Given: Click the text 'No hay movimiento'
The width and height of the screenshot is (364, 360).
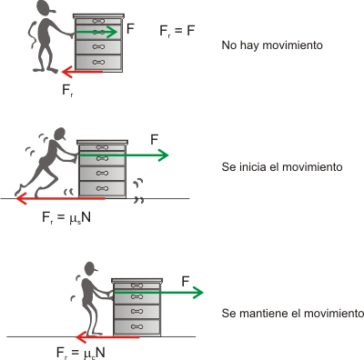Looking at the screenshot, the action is (272, 45).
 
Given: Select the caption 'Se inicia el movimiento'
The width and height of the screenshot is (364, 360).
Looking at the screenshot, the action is (282, 167).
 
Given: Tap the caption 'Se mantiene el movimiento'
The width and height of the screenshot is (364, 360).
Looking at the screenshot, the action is (293, 313).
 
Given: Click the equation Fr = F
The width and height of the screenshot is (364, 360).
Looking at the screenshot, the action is (177, 31).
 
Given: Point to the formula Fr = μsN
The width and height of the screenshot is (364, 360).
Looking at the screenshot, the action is (66, 218).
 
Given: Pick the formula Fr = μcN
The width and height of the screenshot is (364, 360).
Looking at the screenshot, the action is (81, 353).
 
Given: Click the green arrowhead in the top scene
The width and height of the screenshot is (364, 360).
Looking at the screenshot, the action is (113, 32).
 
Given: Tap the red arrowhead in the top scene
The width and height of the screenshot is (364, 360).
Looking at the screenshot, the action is (66, 72).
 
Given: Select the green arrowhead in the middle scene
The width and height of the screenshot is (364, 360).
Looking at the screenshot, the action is (163, 155).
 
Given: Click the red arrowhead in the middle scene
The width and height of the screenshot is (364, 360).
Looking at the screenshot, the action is (21, 199).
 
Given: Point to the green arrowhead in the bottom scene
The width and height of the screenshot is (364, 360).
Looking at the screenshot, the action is (197, 293).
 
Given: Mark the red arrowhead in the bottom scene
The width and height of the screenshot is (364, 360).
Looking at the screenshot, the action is (81, 337).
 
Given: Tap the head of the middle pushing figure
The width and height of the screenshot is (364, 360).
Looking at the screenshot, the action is (60, 134).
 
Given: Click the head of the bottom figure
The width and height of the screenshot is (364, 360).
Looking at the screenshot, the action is (91, 268).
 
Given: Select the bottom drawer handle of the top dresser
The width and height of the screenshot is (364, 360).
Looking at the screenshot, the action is (98, 62).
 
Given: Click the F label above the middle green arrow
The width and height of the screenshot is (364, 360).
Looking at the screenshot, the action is (155, 140).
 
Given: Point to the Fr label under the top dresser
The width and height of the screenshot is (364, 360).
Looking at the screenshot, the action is (67, 91).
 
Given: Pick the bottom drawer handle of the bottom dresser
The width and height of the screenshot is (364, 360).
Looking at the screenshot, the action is (136, 326).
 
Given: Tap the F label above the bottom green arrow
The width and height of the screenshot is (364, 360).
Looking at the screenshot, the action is (186, 282).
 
